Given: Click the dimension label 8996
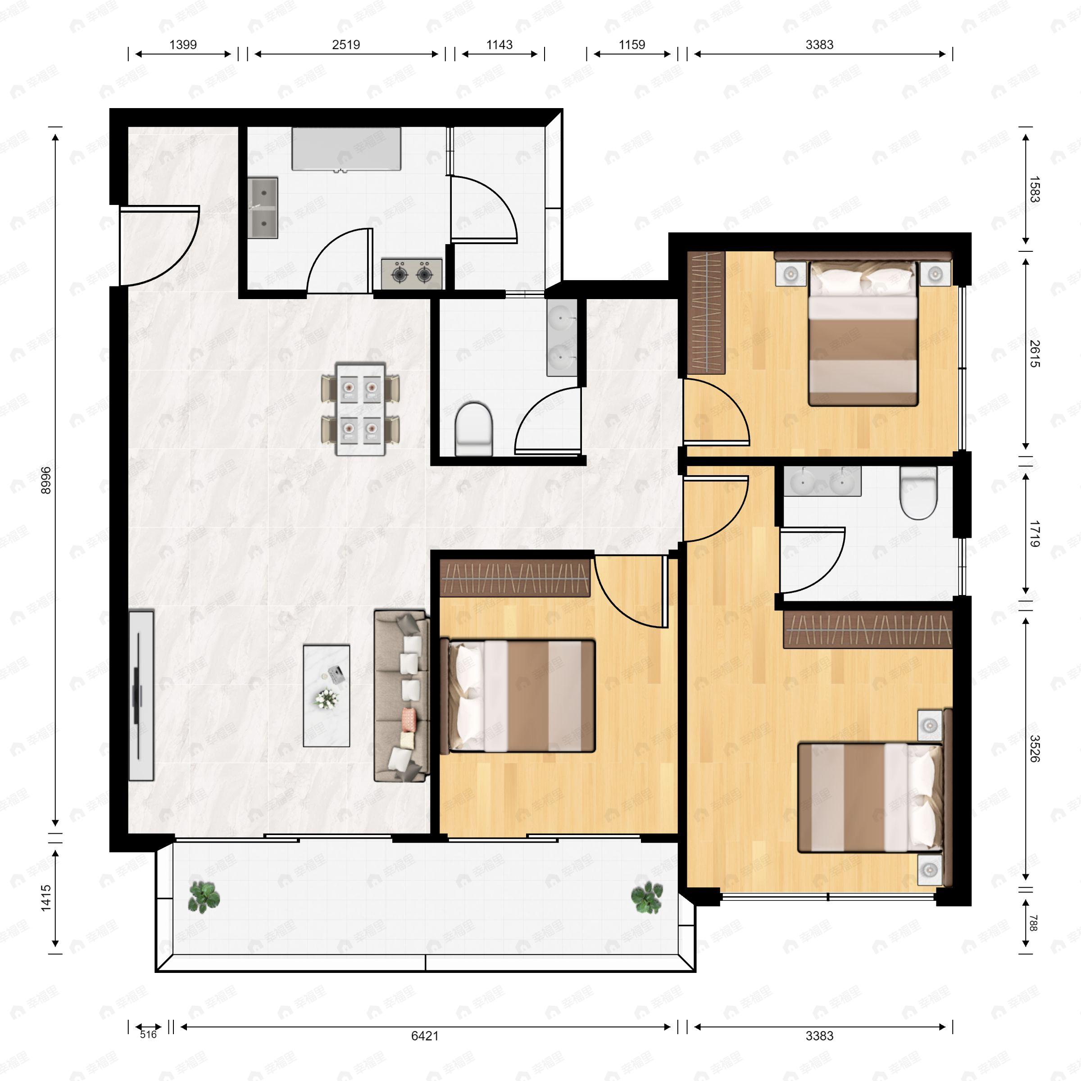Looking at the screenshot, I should (x=46, y=480).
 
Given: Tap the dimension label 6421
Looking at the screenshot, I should (x=425, y=1036).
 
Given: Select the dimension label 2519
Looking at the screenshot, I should (x=346, y=45).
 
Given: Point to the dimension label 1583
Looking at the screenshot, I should (x=1035, y=189).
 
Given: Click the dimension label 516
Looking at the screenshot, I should (x=148, y=1035).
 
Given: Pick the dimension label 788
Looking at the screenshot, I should (x=1033, y=923).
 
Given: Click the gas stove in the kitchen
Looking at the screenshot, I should (x=412, y=273).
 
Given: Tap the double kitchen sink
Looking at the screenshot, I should (x=263, y=208).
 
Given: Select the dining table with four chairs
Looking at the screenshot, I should (x=360, y=409).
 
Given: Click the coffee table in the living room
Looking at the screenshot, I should (x=326, y=695).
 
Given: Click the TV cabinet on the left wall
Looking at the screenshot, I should (x=141, y=695).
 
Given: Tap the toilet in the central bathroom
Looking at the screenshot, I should (x=473, y=427).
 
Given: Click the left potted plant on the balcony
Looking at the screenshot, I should (x=204, y=896).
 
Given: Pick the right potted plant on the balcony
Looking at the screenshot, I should (x=647, y=896).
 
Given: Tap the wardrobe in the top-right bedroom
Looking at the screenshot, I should (x=706, y=312).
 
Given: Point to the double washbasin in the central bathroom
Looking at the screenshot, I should (x=561, y=337).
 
